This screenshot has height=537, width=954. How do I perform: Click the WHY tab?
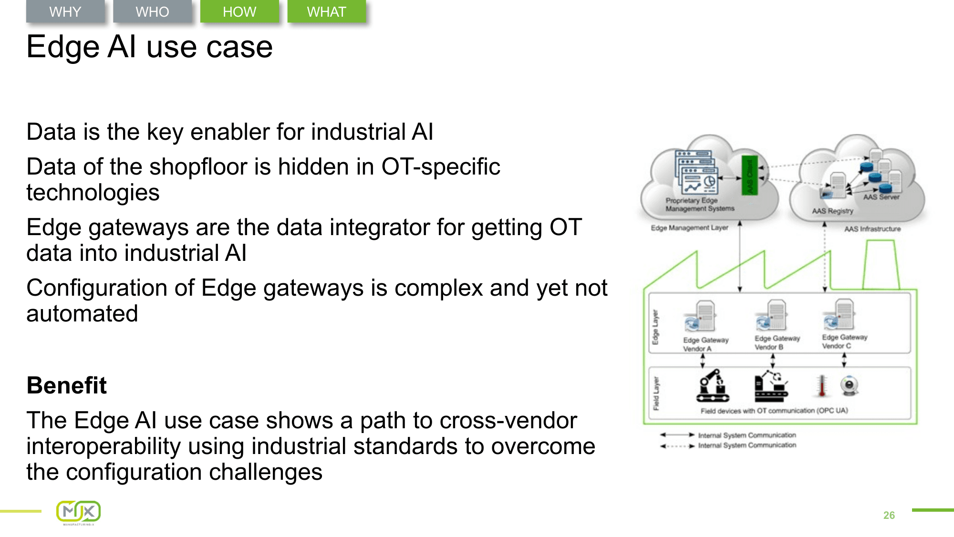(65, 11)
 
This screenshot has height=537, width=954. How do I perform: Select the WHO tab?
(152, 11)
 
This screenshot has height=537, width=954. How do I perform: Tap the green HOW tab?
(239, 11)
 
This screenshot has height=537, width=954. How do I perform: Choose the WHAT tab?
(326, 11)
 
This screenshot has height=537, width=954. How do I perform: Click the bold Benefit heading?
(67, 385)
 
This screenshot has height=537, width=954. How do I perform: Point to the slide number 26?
(889, 515)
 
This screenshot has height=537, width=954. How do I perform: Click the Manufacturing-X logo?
(79, 513)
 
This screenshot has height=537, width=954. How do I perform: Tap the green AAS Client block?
(749, 175)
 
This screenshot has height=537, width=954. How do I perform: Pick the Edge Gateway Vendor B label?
(777, 342)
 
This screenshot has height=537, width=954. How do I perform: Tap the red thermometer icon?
(821, 386)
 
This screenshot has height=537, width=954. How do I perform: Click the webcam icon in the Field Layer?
(850, 385)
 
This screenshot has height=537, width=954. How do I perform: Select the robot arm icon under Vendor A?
(713, 386)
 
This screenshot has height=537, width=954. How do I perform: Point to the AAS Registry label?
(832, 211)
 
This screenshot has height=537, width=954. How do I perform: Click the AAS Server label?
(881, 197)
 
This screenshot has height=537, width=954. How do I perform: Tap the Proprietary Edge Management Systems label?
(700, 205)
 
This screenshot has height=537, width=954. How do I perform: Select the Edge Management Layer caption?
(689, 228)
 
